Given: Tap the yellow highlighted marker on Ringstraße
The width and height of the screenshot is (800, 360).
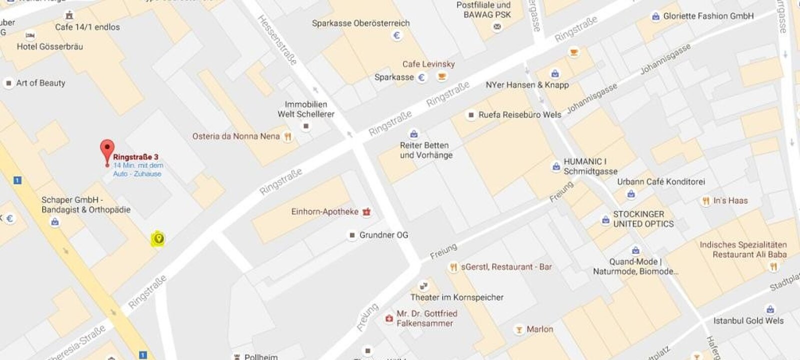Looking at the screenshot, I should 158,239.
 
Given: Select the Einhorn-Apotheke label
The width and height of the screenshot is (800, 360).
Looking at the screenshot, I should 324,211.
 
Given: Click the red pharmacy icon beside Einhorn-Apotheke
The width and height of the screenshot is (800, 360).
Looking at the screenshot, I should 366,212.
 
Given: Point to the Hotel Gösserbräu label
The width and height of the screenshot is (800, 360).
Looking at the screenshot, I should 49,46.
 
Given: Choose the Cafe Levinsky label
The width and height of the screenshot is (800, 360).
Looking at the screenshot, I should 428,64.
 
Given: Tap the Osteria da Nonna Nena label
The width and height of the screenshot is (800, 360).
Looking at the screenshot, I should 235,136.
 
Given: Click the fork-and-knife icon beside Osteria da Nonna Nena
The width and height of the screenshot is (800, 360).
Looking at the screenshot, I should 287,136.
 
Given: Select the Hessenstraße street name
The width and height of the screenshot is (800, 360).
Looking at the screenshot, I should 277,39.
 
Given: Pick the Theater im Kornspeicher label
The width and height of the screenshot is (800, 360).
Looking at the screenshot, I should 456,297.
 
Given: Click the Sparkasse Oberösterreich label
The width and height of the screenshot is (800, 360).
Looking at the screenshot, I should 360,23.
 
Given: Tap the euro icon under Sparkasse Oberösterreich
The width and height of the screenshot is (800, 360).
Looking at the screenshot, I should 397,35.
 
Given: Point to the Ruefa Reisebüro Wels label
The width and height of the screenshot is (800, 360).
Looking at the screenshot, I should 519,114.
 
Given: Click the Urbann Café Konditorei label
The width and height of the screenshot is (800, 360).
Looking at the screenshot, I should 660,181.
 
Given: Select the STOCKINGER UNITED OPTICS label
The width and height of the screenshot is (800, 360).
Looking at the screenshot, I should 643,219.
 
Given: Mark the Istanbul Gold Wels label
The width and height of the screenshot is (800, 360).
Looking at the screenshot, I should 748,320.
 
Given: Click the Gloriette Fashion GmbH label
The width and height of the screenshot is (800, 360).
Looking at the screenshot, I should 708,16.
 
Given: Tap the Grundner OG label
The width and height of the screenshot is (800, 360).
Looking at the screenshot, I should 383,235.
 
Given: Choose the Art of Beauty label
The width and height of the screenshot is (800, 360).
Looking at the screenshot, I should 40,83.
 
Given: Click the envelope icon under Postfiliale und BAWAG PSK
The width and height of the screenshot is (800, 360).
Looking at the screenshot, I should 497,27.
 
